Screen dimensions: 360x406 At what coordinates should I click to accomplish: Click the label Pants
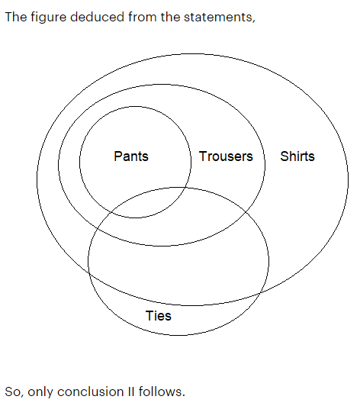131,156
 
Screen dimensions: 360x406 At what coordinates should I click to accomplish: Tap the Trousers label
226,156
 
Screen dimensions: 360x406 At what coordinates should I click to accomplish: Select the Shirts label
297,156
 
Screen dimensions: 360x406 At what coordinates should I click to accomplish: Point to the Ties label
159,316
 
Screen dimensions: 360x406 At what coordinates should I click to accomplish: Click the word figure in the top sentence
49,17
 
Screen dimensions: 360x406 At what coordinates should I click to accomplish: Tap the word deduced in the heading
98,17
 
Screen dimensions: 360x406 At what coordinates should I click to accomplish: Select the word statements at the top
218,18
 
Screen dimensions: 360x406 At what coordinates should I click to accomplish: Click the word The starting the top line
16,17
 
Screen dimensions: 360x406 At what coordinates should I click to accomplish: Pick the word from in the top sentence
143,17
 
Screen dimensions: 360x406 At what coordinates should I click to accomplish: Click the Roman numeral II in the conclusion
131,391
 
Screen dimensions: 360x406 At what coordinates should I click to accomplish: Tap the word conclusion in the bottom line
91,391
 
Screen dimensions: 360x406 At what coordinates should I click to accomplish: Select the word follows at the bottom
160,391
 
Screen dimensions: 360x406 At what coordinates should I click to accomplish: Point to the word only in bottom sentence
40,391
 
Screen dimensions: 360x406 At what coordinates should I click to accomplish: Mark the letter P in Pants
117,156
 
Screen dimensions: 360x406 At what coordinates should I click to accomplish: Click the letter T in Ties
149,316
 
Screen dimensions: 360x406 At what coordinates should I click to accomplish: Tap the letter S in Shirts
284,156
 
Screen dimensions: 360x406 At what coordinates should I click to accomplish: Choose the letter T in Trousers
203,156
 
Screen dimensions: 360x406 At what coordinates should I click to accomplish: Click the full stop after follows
184,395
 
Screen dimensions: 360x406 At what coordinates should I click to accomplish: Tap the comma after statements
254,21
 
